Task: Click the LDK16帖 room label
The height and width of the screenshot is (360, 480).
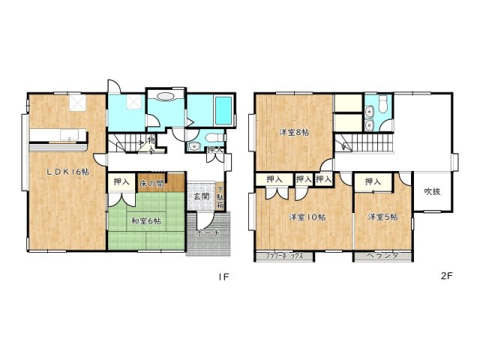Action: point(65,170)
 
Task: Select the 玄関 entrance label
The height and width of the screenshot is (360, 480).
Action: point(200,196)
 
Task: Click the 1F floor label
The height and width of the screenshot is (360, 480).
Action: point(222,276)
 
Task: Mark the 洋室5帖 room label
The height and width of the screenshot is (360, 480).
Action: point(382,217)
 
